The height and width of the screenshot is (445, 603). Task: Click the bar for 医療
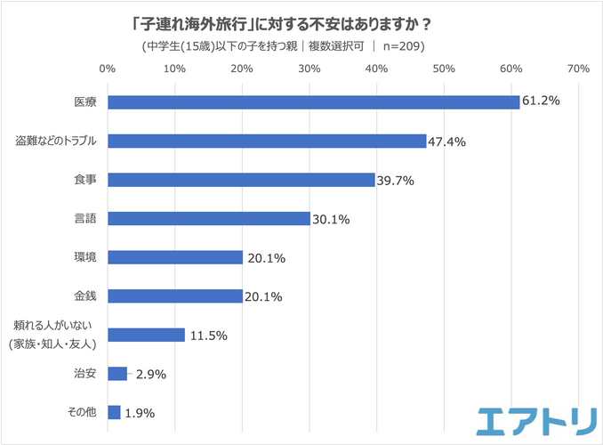313,102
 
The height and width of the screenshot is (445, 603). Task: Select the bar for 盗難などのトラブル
267,141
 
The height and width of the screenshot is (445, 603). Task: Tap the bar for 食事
241,180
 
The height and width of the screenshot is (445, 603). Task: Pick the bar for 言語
209,219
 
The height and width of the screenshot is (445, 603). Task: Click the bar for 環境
175,257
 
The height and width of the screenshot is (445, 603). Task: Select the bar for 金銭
175,296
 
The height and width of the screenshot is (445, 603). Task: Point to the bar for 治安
117,374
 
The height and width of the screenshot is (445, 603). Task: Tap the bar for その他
114,412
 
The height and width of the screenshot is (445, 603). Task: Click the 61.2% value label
541,101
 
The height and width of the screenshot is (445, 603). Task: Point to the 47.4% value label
447,141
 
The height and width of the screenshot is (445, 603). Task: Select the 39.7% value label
396,180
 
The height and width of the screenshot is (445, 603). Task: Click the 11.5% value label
208,336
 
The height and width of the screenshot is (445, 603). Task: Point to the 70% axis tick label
578,69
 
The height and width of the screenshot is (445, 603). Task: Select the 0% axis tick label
108,69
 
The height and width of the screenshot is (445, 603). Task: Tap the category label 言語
84,219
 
